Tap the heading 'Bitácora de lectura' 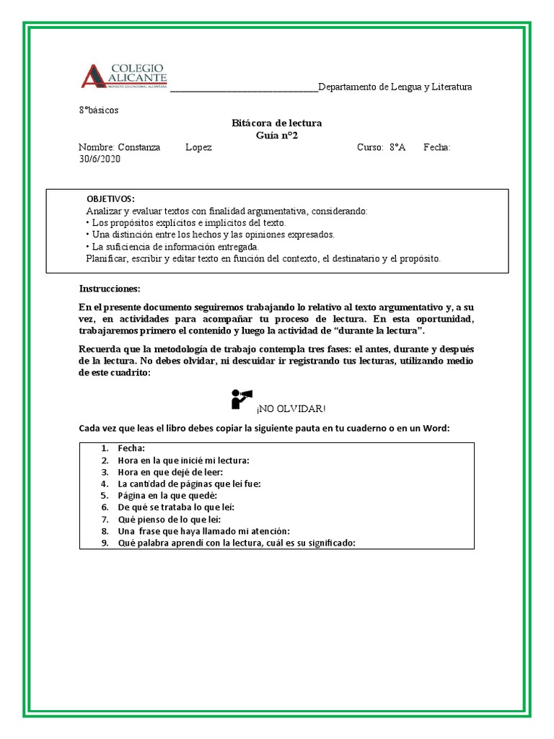point(276,123)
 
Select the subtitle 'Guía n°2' point(277,136)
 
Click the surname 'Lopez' point(198,148)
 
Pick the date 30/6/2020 point(100,159)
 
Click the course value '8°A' point(397,148)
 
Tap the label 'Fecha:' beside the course point(437,148)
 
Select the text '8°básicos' point(99,110)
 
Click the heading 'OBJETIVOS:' point(110,198)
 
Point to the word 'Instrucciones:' point(109,289)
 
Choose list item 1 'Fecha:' point(131,448)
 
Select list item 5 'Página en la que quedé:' point(167,496)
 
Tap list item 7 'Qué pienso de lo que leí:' point(170,520)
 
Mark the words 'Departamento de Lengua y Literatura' point(395,87)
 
